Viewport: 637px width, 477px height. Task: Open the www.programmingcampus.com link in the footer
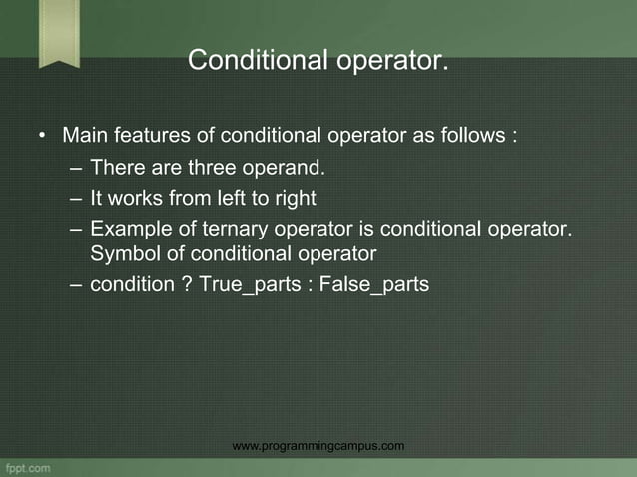[x=318, y=445]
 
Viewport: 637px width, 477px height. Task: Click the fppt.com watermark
[x=27, y=466]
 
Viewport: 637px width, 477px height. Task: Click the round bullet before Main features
[x=43, y=136]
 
